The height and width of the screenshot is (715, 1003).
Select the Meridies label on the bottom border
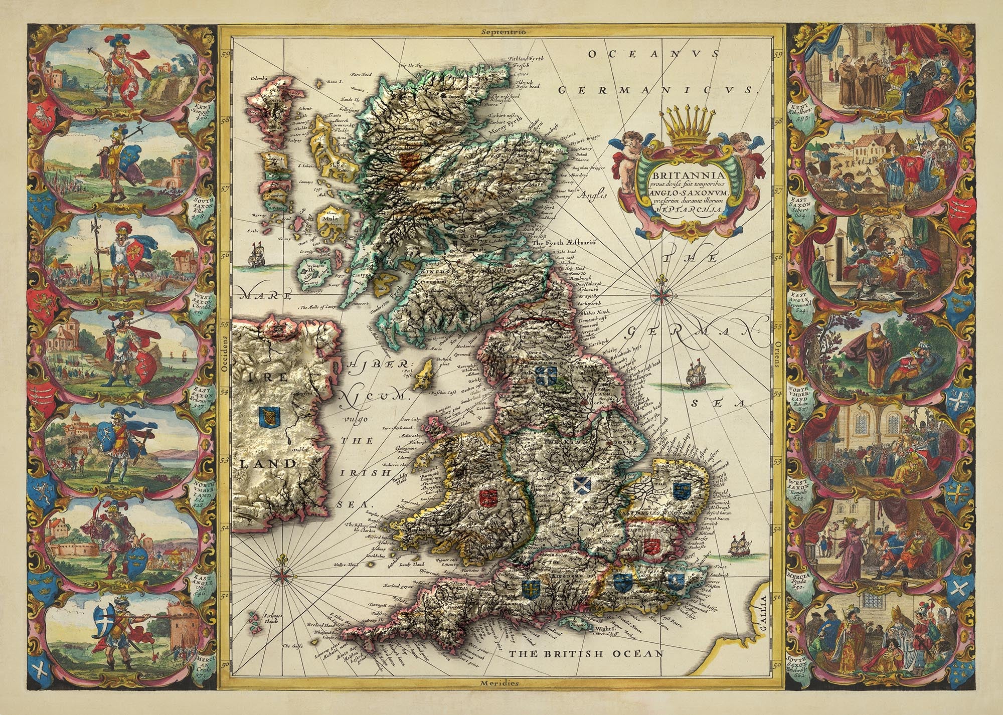click(x=498, y=683)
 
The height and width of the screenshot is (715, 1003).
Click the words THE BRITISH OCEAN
click(x=586, y=653)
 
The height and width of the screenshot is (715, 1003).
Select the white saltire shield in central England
click(x=582, y=484)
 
